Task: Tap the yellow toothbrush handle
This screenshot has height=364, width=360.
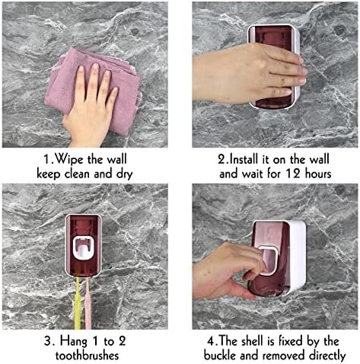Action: click(x=78, y=303)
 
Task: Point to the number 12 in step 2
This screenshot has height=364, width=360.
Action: click(x=293, y=174)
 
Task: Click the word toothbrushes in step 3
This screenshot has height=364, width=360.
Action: click(x=87, y=356)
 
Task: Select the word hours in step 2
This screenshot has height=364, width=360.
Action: click(x=318, y=174)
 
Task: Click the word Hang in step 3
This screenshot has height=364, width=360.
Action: click(x=74, y=342)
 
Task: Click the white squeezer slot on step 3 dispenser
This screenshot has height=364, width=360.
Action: click(x=84, y=247)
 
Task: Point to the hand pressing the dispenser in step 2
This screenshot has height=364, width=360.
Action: click(x=249, y=74)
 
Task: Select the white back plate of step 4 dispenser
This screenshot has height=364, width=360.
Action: click(x=298, y=257)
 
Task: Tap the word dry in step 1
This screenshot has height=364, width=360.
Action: click(x=125, y=174)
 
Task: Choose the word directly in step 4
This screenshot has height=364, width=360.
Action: click(x=327, y=356)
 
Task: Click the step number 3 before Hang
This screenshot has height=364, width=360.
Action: click(x=48, y=342)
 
